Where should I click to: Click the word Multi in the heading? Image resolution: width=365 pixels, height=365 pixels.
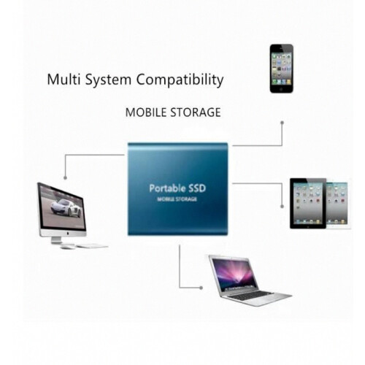point(64,80)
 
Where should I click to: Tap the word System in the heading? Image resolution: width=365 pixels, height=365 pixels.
point(108,80)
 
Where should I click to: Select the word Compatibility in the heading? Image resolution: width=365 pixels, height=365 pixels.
point(180,80)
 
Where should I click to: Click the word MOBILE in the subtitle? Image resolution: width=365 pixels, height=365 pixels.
point(146,112)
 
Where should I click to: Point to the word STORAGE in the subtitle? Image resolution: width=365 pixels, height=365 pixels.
point(196,112)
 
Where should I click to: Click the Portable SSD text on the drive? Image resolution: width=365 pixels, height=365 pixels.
point(177,188)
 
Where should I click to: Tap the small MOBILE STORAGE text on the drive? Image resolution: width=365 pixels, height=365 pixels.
point(177,199)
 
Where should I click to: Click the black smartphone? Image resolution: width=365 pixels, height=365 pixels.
point(282,69)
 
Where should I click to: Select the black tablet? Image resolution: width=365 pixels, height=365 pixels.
point(308,204)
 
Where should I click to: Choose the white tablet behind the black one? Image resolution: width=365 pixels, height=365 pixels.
point(338,204)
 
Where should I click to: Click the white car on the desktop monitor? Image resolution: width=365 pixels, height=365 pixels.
point(66,208)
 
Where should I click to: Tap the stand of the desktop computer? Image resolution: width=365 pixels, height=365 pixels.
point(56,240)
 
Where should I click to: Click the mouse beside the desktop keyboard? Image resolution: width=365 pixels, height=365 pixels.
point(67,247)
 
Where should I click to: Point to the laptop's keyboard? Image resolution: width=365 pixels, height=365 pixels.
point(250,296)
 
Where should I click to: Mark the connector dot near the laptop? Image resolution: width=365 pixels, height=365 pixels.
point(201,288)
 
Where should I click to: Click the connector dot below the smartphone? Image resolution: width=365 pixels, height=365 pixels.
point(283,123)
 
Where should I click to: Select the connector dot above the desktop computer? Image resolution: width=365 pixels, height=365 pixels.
point(65,178)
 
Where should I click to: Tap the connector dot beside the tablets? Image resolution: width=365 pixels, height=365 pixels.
point(282,207)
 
